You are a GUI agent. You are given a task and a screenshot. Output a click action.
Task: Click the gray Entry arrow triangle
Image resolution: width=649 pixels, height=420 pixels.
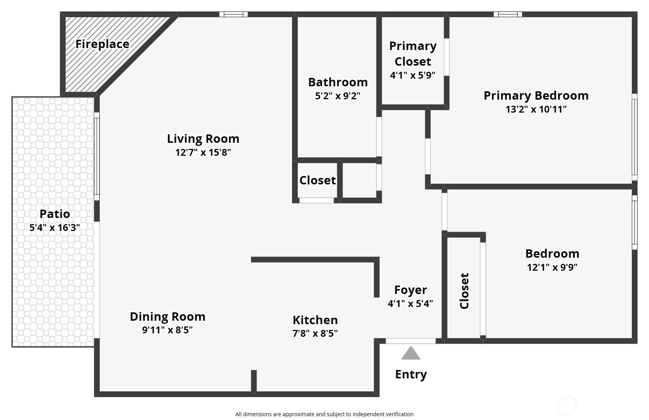410,353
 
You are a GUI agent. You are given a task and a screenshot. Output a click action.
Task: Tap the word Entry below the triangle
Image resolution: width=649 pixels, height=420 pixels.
411,374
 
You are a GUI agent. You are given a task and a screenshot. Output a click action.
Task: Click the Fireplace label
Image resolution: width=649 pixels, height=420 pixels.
102,44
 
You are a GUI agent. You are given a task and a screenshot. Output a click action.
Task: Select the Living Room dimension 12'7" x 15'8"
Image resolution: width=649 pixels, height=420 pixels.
203,152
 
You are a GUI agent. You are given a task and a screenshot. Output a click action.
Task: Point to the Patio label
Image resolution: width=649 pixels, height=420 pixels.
55,214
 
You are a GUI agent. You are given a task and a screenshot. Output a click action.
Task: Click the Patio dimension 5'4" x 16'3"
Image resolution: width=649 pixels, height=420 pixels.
55,228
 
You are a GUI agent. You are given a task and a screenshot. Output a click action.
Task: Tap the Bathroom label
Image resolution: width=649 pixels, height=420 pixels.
338,82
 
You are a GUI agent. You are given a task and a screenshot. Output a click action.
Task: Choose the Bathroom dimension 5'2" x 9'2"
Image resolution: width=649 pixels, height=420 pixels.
338,96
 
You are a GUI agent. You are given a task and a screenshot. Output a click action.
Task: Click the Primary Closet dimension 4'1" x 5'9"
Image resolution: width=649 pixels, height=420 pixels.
413,75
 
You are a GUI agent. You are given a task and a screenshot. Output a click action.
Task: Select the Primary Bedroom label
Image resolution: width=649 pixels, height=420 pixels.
536,96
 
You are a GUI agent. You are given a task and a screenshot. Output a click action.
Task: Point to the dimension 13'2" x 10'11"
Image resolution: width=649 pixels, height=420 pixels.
536,109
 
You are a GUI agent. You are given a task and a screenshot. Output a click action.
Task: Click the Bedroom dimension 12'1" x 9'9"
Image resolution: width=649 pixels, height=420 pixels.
552,267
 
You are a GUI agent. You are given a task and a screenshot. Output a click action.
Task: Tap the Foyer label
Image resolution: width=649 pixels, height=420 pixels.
410,290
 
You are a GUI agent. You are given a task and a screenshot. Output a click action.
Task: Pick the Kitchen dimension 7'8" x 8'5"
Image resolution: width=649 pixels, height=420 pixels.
315,333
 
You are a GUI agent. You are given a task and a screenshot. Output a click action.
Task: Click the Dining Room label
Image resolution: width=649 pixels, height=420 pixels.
168,317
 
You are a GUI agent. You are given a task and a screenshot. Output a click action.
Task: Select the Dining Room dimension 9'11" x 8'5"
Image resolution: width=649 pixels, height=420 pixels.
168,330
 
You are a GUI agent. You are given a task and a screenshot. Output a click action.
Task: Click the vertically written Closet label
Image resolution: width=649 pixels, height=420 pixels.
464,291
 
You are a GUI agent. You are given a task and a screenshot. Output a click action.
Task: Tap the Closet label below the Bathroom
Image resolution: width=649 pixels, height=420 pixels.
318,180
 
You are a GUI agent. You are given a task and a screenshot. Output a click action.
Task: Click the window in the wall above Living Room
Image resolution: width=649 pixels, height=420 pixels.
234,14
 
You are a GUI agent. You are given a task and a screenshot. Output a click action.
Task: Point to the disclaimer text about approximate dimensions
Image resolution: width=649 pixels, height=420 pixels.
324,414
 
